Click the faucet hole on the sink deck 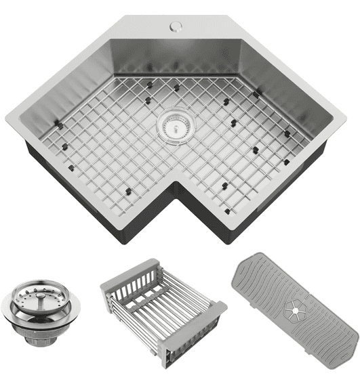(176, 27)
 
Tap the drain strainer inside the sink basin (176, 125)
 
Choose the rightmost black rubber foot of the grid (287, 133)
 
